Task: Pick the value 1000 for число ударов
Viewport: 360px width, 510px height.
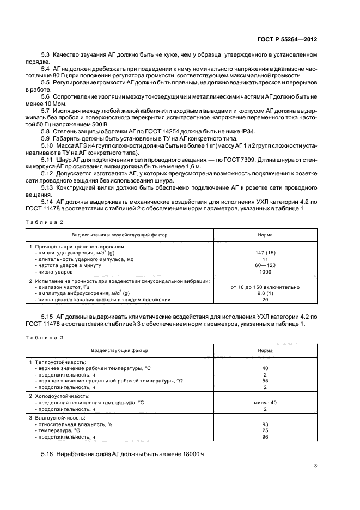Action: [265, 271]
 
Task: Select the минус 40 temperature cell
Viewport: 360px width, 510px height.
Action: [265, 402]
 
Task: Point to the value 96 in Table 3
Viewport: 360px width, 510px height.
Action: [265, 437]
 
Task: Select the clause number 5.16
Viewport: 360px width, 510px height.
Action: [47, 453]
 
